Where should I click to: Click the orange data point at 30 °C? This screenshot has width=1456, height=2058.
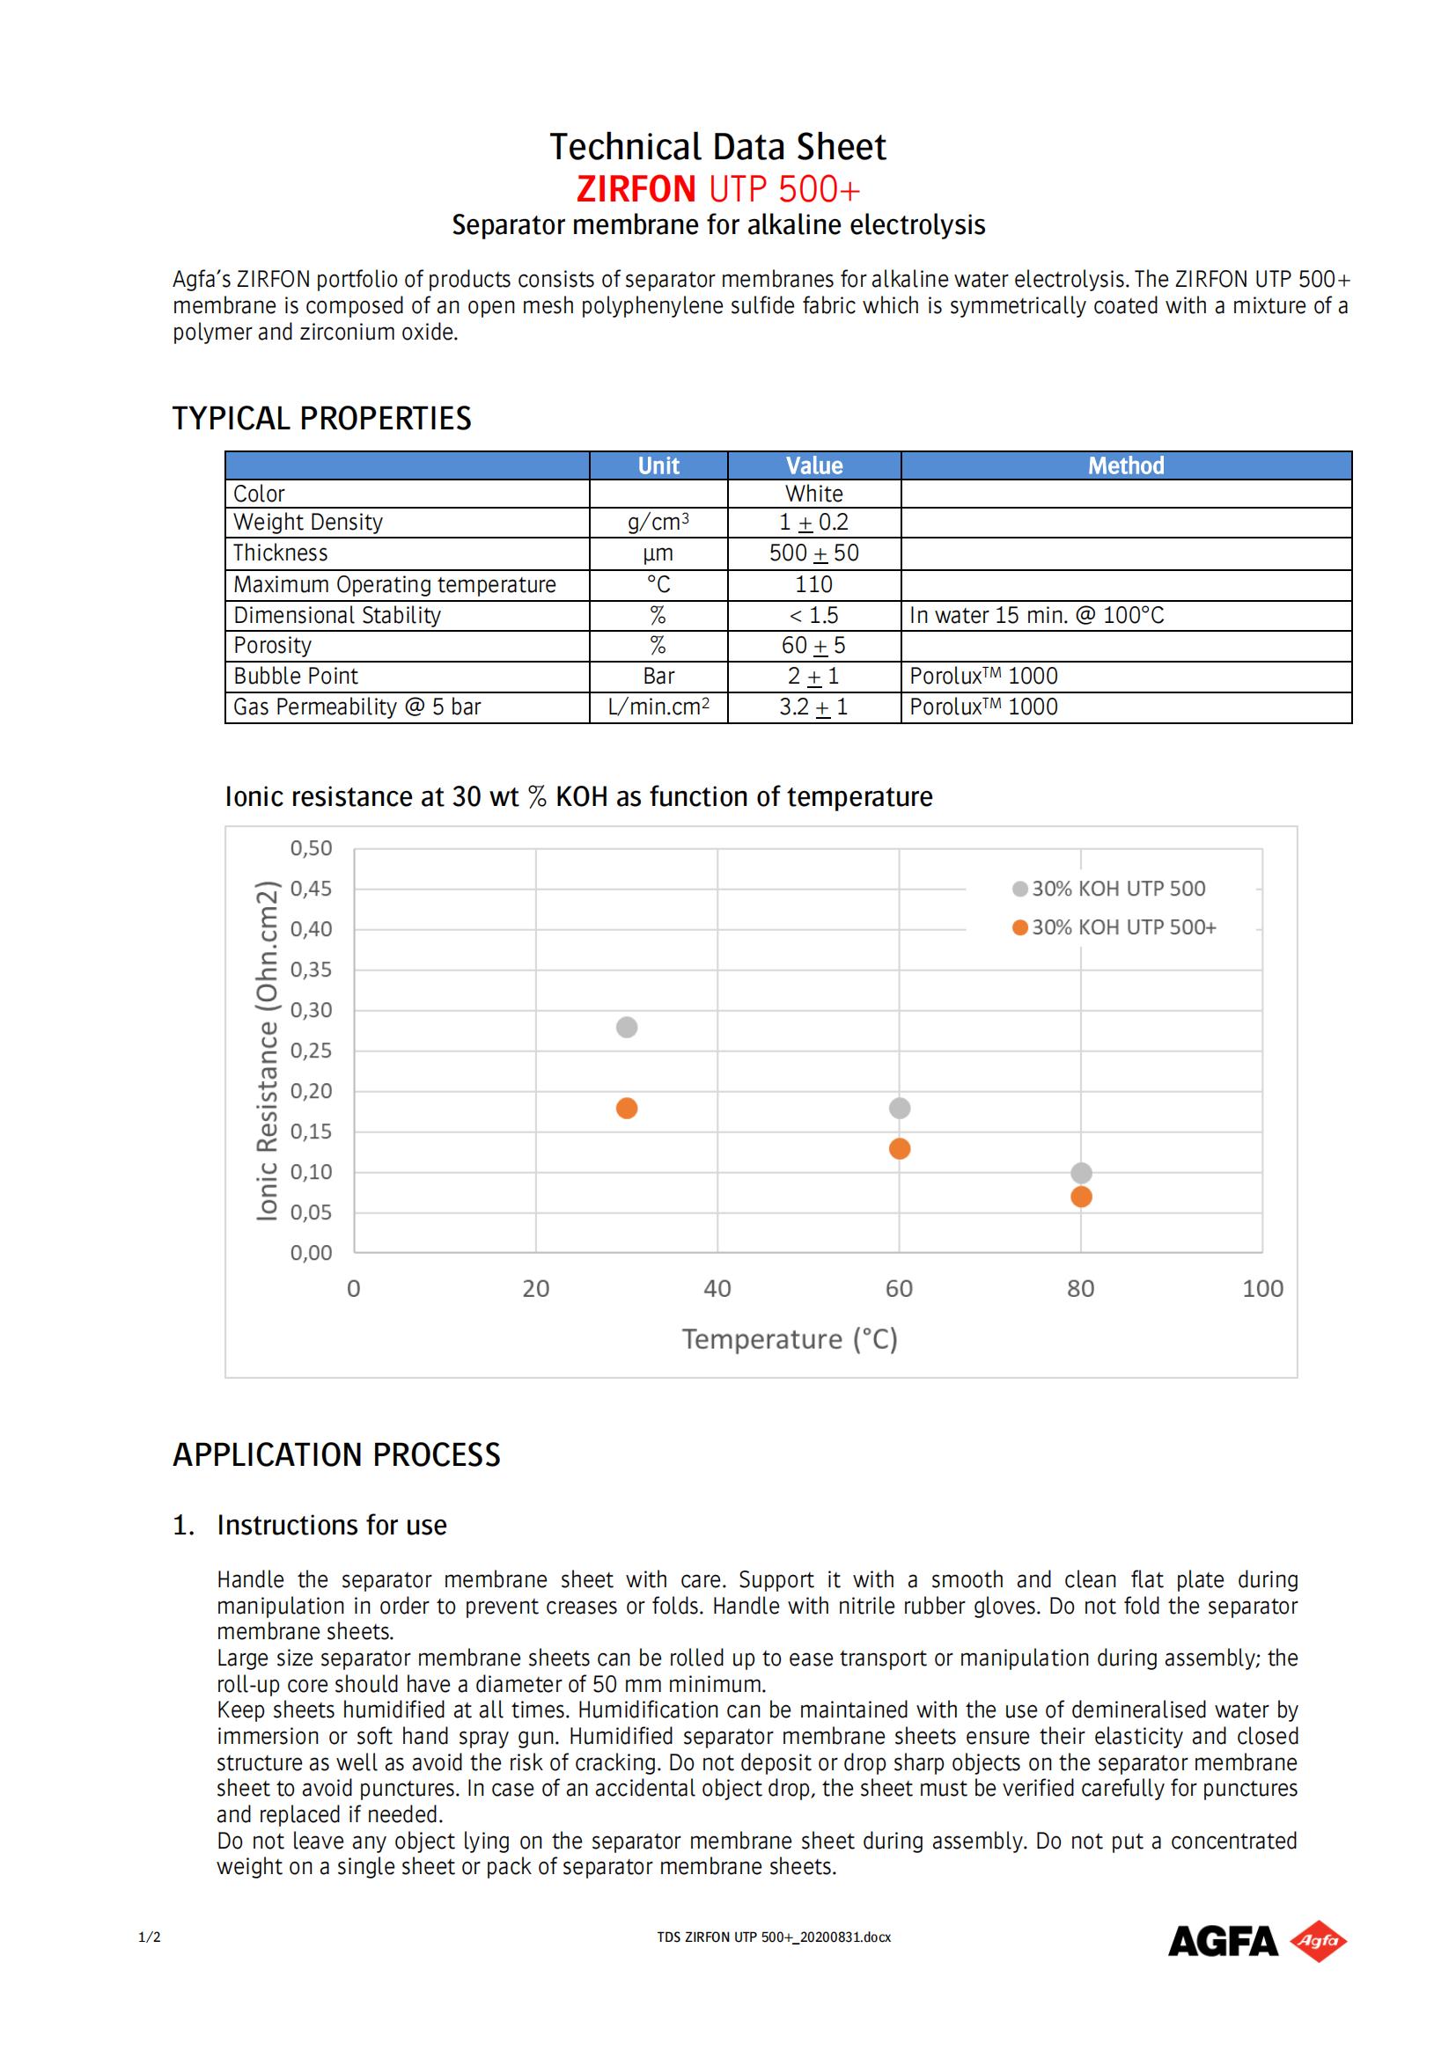pyautogui.click(x=627, y=1109)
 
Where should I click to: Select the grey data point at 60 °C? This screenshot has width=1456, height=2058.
pyautogui.click(x=900, y=1109)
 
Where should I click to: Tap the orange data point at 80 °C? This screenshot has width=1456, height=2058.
pyautogui.click(x=1081, y=1197)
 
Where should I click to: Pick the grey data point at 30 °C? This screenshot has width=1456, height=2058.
pyautogui.click(x=627, y=1027)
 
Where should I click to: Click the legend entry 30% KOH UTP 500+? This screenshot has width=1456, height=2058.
pyautogui.click(x=1114, y=927)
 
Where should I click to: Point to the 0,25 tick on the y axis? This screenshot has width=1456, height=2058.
pyautogui.click(x=310, y=1051)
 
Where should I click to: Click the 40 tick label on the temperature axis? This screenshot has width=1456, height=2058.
pyautogui.click(x=717, y=1289)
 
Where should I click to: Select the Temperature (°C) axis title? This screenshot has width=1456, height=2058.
pyautogui.click(x=789, y=1339)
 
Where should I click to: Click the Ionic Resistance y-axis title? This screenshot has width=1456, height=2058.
pyautogui.click(x=268, y=1051)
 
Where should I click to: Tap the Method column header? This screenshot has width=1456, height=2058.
pyautogui.click(x=1125, y=466)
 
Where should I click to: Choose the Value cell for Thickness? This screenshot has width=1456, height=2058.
pyautogui.click(x=813, y=553)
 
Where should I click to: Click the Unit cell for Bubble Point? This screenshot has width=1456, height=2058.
pyautogui.click(x=658, y=677)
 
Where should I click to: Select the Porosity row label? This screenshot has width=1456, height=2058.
pyautogui.click(x=273, y=645)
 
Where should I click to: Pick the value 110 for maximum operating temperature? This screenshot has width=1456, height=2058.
pyautogui.click(x=813, y=584)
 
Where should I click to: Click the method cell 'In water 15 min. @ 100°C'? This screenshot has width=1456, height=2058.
pyautogui.click(x=1036, y=616)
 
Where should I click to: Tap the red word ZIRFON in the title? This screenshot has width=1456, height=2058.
pyautogui.click(x=636, y=189)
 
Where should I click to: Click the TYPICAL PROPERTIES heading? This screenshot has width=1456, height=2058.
pyautogui.click(x=322, y=419)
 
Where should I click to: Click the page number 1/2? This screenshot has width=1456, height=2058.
pyautogui.click(x=150, y=1937)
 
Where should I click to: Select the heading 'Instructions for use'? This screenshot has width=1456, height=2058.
pyautogui.click(x=332, y=1525)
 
